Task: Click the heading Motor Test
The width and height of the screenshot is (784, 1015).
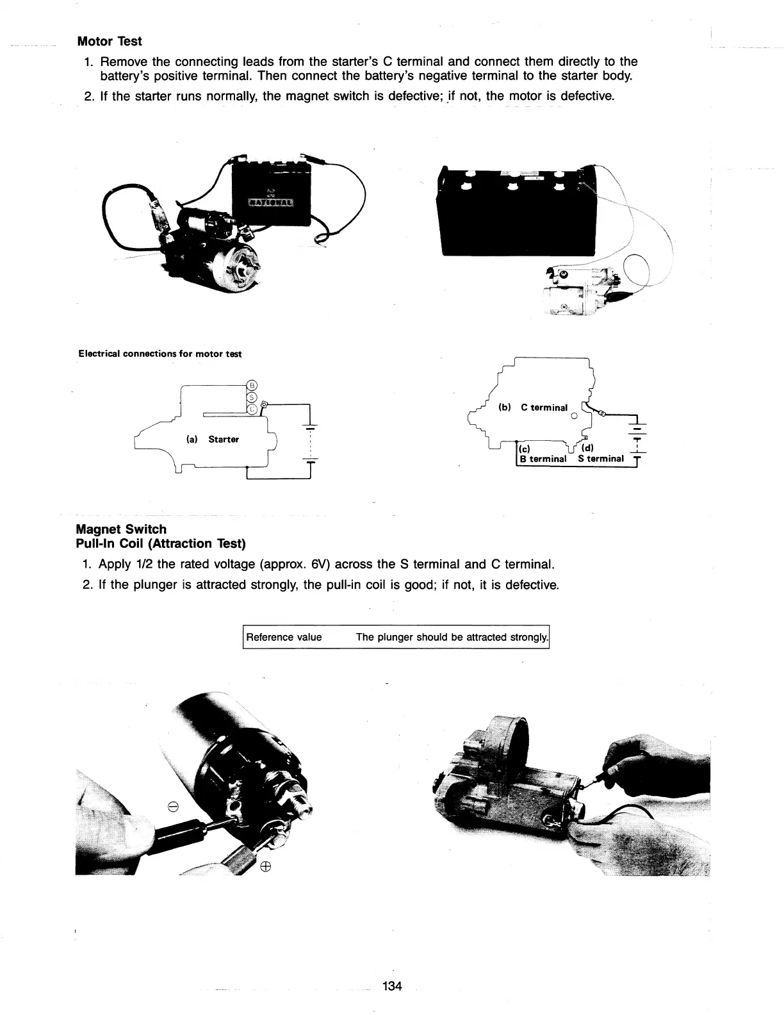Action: click(109, 42)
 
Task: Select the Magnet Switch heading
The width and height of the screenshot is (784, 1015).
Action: click(121, 529)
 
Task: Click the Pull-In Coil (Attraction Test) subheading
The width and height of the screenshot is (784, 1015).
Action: click(161, 543)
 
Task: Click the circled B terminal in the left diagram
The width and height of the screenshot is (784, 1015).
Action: click(252, 385)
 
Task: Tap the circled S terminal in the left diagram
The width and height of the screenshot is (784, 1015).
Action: click(252, 397)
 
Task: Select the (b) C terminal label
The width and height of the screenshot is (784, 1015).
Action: click(532, 408)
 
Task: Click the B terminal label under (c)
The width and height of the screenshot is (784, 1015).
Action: click(542, 459)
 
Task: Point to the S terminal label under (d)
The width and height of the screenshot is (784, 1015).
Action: click(600, 459)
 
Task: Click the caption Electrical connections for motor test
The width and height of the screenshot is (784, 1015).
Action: click(159, 354)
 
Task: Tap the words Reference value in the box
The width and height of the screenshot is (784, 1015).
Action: click(284, 637)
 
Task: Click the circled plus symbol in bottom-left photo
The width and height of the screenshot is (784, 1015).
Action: click(265, 867)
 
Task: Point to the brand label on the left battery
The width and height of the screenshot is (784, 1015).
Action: click(271, 203)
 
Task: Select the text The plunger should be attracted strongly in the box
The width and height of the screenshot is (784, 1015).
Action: click(452, 637)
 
